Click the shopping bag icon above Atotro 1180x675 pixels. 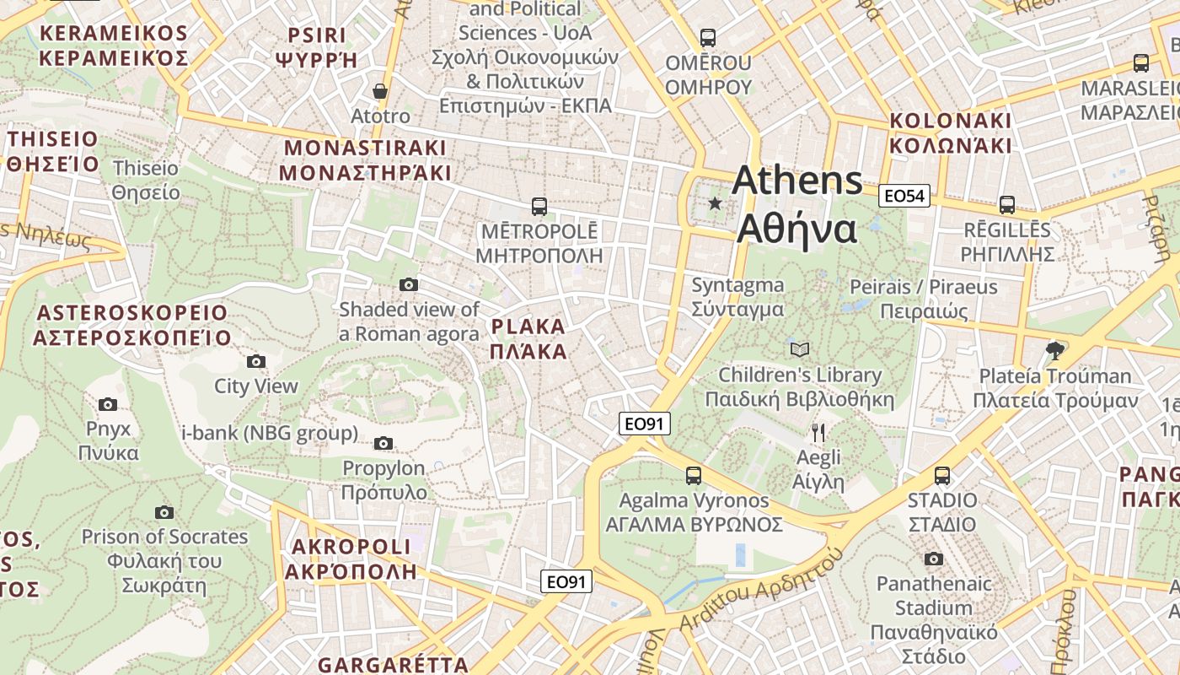(x=381, y=91)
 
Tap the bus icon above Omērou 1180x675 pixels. (x=708, y=38)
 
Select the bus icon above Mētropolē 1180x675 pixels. (x=539, y=206)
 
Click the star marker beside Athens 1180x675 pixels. (x=716, y=202)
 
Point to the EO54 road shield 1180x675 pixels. (x=904, y=196)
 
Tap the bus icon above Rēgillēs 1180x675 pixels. (x=1007, y=204)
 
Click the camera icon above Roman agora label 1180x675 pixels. (x=409, y=284)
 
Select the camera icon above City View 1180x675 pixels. (x=256, y=362)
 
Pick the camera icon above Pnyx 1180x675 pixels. (x=108, y=404)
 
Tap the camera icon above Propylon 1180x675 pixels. (x=383, y=443)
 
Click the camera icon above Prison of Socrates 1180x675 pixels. (x=164, y=512)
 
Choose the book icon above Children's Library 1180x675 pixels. (x=799, y=349)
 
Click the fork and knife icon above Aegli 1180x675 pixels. (x=818, y=433)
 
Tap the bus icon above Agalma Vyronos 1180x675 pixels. (x=694, y=476)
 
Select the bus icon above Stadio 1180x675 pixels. (x=942, y=476)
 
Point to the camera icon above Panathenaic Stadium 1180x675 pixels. (x=933, y=559)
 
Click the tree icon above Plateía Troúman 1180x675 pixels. (x=1054, y=350)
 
